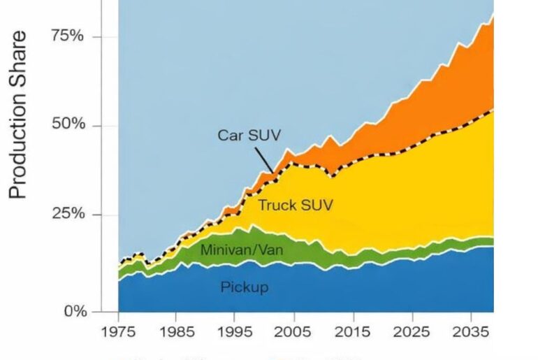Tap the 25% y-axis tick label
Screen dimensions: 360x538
pos(67,214)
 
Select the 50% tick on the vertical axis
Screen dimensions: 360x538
pos(67,125)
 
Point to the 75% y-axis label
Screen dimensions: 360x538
pos(67,36)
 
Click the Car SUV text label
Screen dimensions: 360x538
pos(249,135)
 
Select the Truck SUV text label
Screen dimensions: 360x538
pos(295,206)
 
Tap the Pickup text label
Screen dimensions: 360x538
pos(245,287)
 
